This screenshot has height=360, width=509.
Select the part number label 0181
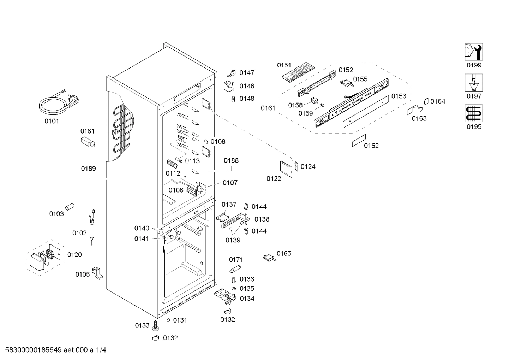point(88,131)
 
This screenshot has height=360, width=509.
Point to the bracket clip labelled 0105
point(97,272)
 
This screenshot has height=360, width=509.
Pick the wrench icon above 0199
point(473,52)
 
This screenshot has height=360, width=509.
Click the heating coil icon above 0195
point(473,113)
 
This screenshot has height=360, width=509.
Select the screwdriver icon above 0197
point(473,83)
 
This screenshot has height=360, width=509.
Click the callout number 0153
point(399,96)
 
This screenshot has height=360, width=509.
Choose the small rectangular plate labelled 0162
point(359,141)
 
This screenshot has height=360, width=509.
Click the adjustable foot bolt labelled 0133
point(155,325)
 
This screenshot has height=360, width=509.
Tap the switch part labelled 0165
point(269,258)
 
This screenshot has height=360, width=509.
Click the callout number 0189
point(88,169)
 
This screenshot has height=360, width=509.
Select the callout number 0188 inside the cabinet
point(231,160)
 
